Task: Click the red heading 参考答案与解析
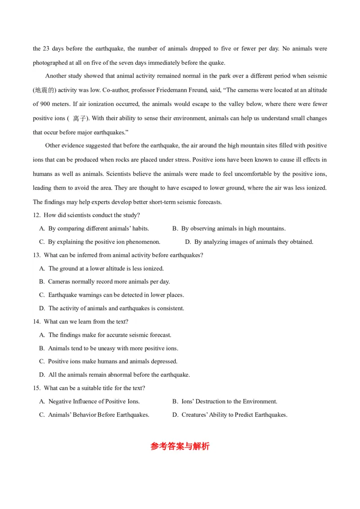180,446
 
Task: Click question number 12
36,215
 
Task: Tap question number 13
36,255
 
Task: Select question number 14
36,322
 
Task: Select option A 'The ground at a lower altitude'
101,269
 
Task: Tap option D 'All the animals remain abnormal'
114,375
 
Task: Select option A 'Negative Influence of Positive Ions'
89,402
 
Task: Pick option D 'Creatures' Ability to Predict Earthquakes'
229,415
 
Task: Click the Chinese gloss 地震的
44,90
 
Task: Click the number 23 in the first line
47,49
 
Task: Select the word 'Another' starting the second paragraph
56,76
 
